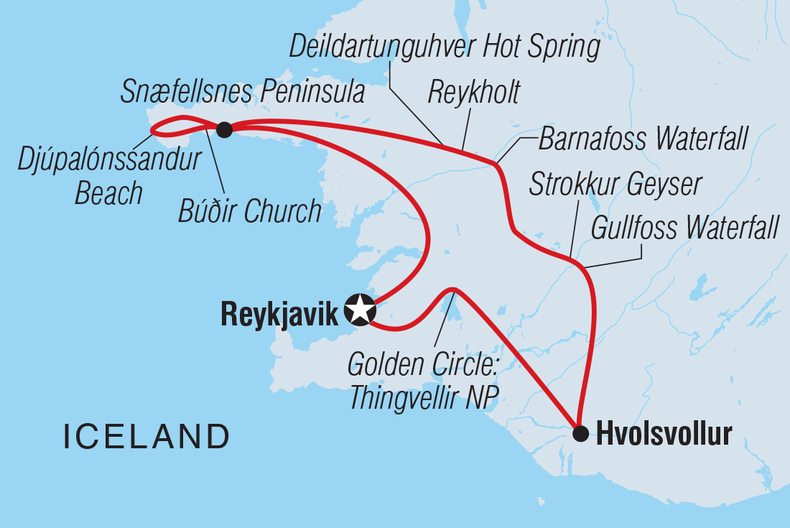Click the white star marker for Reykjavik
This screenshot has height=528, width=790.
(x=361, y=310)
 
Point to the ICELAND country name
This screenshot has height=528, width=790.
(x=146, y=437)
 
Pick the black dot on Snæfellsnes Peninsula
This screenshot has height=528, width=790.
(x=224, y=129)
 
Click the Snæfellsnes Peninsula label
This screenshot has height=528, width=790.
(x=242, y=93)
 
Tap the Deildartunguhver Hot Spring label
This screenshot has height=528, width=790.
(x=445, y=47)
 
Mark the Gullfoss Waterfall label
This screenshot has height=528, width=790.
(x=684, y=229)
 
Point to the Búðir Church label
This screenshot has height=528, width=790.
(x=250, y=212)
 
